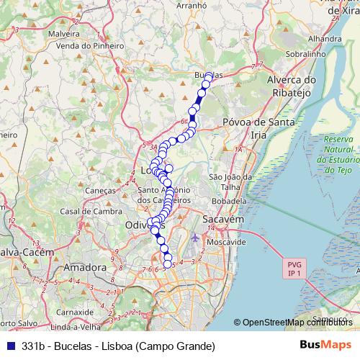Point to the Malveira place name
[64, 33]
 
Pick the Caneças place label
[100, 190]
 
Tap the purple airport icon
[196, 237]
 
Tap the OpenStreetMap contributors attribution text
[295, 323]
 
